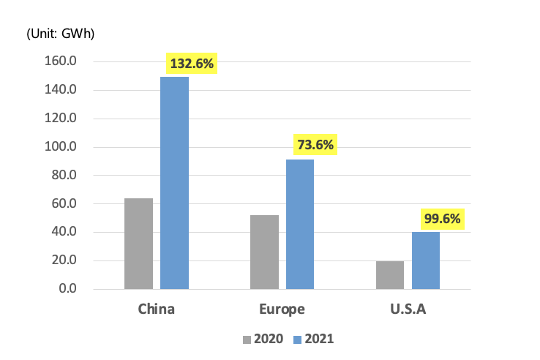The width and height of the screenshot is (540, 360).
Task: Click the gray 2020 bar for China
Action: pyautogui.click(x=138, y=244)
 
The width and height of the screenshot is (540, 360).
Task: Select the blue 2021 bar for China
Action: pyautogui.click(x=174, y=183)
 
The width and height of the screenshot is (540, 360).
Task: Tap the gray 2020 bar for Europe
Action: pyautogui.click(x=264, y=252)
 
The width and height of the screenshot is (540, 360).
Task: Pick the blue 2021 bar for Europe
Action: pyautogui.click(x=299, y=224)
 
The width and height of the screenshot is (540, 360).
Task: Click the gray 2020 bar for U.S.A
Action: pyautogui.click(x=390, y=275)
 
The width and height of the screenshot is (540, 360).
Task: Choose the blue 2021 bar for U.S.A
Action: pyautogui.click(x=426, y=260)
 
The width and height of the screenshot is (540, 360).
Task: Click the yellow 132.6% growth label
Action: pyautogui.click(x=192, y=64)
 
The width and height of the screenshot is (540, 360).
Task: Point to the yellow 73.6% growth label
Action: pyautogui.click(x=315, y=145)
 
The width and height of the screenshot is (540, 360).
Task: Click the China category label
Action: pyautogui.click(x=156, y=309)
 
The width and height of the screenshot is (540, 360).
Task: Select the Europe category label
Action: pyautogui.click(x=282, y=309)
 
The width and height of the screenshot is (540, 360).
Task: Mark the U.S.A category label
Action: pyautogui.click(x=408, y=309)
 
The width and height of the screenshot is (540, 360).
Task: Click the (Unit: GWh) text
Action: pyautogui.click(x=61, y=34)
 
